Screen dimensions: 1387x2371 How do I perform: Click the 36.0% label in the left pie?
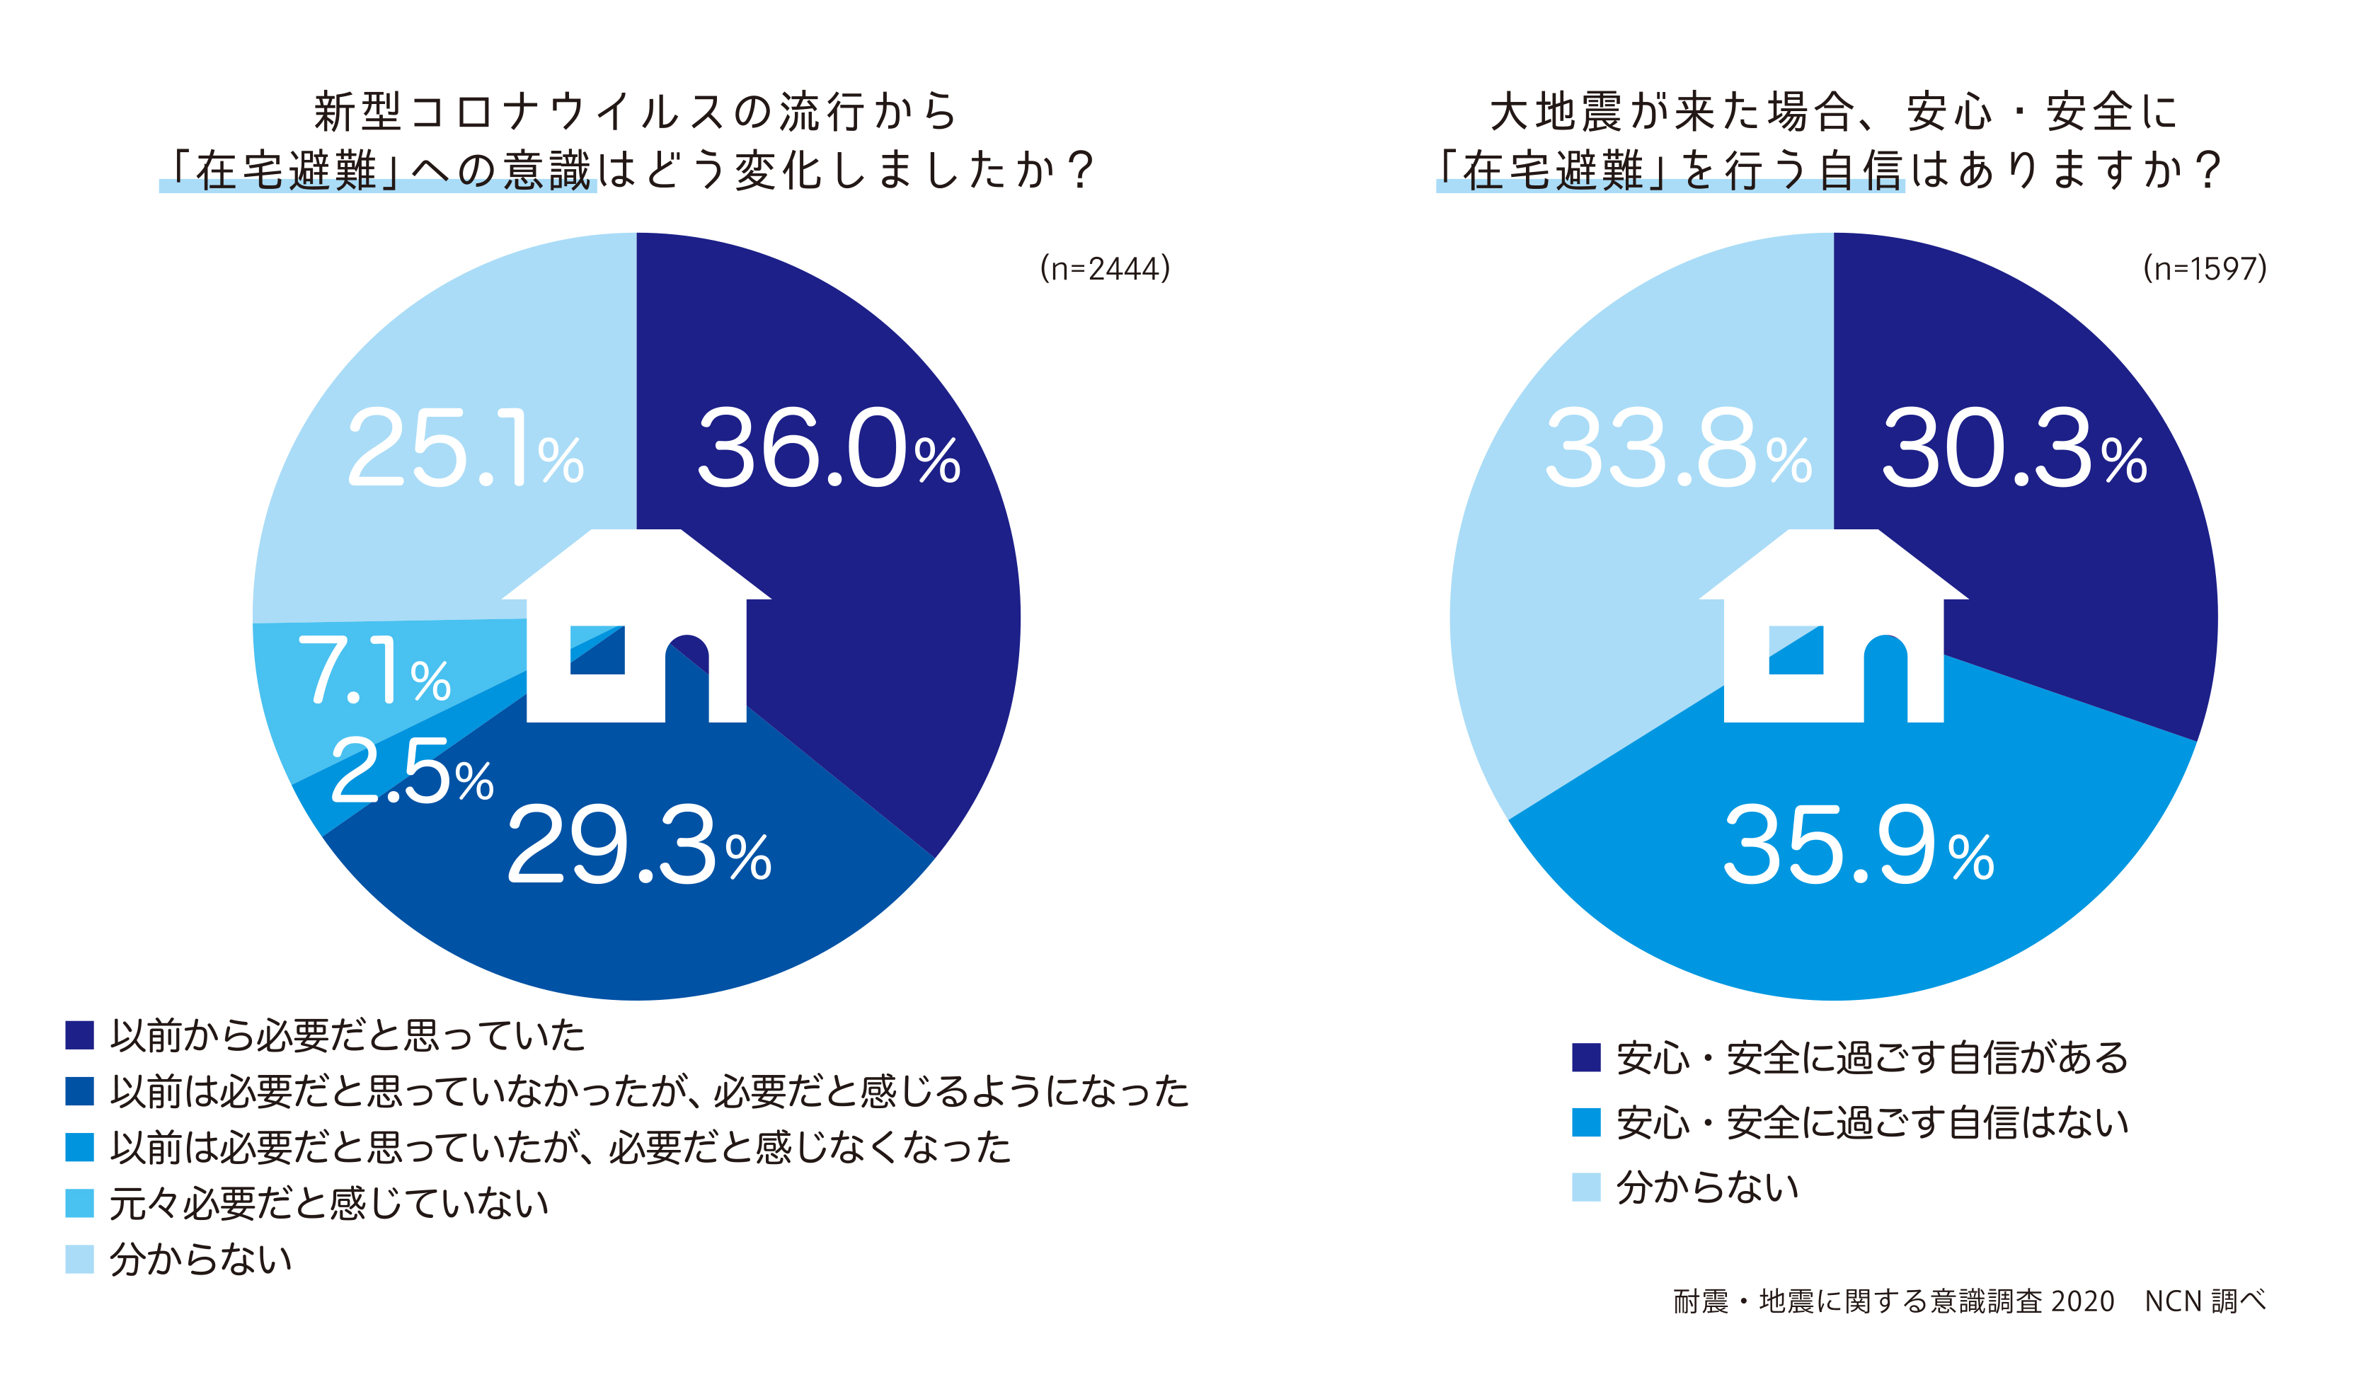coord(828,450)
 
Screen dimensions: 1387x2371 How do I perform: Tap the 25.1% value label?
coord(466,450)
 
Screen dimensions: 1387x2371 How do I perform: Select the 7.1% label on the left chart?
coord(374,670)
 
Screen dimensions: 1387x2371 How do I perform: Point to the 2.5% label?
coord(412,771)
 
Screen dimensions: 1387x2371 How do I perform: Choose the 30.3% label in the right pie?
coord(2014,450)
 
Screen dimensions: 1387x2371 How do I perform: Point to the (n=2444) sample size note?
coord(1105,269)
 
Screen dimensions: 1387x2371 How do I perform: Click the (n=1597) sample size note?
coord(2205,269)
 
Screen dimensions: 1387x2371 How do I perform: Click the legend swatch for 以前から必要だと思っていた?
coord(80,1035)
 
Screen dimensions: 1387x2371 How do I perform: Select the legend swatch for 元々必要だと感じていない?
coord(80,1204)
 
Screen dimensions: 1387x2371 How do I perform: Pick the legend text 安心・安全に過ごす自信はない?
coord(1872,1122)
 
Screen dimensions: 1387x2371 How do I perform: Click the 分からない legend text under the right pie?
coord(1708,1187)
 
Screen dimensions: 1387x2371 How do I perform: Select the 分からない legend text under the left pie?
coord(201,1259)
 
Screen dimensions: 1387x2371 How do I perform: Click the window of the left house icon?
coord(597,650)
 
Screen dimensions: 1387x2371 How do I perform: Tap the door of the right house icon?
coord(1885,682)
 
